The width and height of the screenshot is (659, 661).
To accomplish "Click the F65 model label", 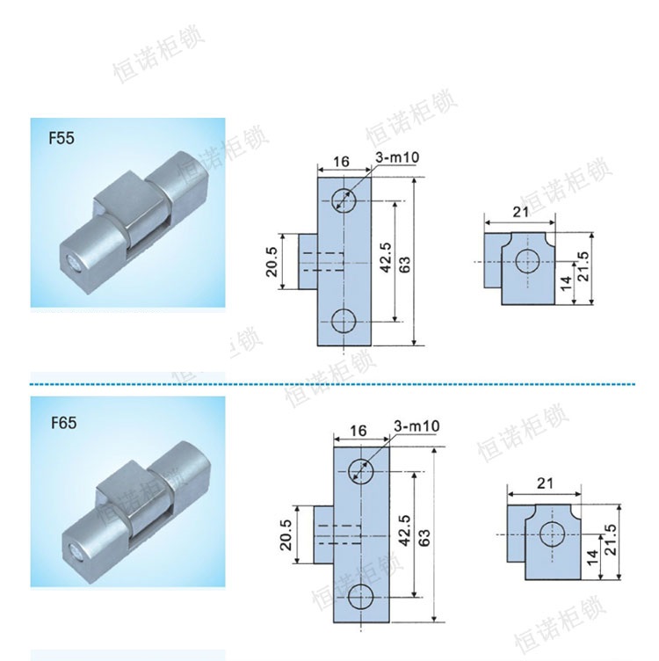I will [64, 423].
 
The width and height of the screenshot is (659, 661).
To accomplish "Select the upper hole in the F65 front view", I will [362, 472].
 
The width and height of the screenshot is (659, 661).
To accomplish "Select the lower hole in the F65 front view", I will [362, 599].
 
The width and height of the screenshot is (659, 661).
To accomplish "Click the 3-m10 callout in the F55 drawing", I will [396, 157].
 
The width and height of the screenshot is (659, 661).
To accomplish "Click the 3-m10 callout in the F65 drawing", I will [416, 426].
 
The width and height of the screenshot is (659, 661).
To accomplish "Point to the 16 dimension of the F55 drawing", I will [341, 161].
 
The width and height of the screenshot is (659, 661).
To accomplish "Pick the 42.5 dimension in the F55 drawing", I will [386, 260].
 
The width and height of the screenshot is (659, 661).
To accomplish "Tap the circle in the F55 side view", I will [527, 261].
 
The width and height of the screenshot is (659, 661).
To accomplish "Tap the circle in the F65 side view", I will [552, 534].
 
